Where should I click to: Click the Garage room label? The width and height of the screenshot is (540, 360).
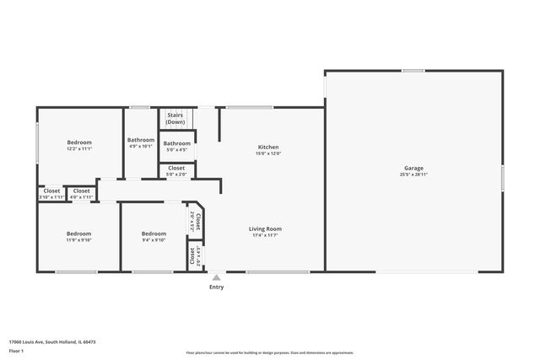click(413, 168)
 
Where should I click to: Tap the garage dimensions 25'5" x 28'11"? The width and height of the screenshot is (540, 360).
click(413, 175)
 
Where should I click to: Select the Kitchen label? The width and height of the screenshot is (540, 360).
click(268, 147)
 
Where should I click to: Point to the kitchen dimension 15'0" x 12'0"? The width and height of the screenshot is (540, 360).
click(268, 153)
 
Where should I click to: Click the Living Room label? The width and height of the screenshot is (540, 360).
click(265, 228)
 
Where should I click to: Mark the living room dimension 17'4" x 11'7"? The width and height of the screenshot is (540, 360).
click(265, 235)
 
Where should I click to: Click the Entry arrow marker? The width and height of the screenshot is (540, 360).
click(217, 277)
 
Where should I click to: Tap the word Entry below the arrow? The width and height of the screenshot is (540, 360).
click(217, 287)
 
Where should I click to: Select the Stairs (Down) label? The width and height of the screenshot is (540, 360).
click(175, 118)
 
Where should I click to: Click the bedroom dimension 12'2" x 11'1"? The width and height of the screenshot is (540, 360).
click(79, 148)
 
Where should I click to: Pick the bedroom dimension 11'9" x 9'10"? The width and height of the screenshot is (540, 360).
click(79, 239)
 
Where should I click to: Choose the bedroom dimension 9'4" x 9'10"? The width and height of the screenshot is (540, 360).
click(154, 239)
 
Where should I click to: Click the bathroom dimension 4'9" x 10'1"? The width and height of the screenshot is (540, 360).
click(141, 146)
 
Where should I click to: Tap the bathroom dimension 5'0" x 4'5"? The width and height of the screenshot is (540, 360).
click(176, 150)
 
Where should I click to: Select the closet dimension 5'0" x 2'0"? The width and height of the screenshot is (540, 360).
click(176, 175)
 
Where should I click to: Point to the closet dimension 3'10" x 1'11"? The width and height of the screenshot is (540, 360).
click(51, 196)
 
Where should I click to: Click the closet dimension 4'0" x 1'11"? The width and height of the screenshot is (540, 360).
click(81, 196)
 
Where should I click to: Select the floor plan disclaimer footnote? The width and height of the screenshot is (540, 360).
click(270, 352)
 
